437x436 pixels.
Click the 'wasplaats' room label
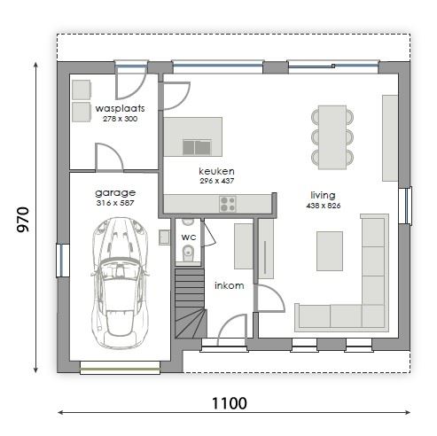(120, 108)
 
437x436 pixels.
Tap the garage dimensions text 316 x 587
(115, 203)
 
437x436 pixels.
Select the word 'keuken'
(216, 171)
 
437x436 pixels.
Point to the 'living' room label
(323, 195)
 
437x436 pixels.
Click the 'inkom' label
(230, 285)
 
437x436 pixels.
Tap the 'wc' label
(189, 237)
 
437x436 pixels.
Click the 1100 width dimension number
(230, 403)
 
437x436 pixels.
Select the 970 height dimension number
(23, 220)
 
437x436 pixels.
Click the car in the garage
(120, 283)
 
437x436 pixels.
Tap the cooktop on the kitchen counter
(228, 204)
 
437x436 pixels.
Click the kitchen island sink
(197, 147)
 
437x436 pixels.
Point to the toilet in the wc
(188, 253)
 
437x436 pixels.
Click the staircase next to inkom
(190, 303)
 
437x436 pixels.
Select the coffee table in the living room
(330, 251)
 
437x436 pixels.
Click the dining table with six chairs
(332, 137)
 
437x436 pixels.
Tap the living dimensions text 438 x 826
(324, 206)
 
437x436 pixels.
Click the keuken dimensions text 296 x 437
(217, 181)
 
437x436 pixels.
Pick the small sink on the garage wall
(164, 237)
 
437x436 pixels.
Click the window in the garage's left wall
(63, 261)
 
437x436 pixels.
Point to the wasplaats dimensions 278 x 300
(120, 119)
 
